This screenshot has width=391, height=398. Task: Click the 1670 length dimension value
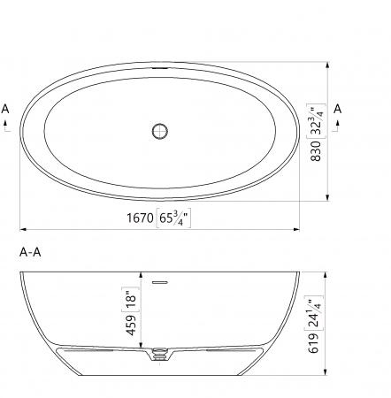click(x=140, y=218)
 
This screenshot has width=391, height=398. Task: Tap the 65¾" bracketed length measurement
click(x=173, y=218)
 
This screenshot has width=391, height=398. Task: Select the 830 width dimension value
click(x=316, y=150)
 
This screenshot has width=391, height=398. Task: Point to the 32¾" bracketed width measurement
click(x=316, y=120)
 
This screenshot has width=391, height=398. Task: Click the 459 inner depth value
click(x=132, y=325)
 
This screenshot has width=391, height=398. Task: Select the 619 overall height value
click(x=313, y=343)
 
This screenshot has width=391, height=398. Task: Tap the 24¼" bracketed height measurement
click(x=313, y=313)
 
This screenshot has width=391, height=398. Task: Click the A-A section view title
click(x=30, y=252)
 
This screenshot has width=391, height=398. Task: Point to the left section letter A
click(x=5, y=109)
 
